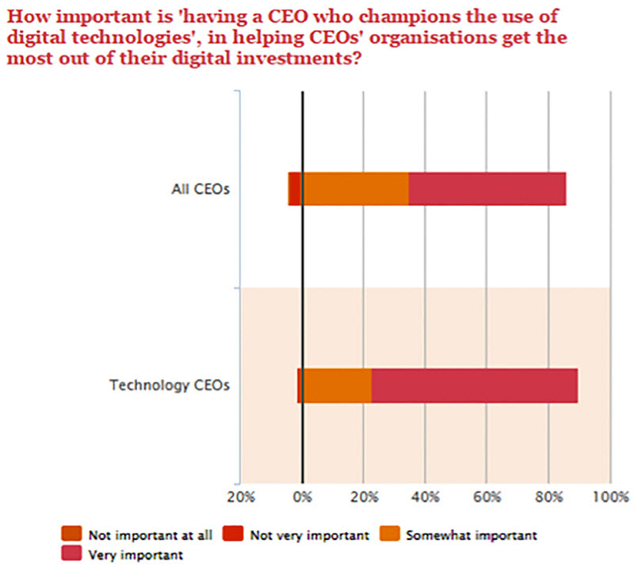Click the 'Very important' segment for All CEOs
[487, 189]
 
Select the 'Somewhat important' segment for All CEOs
[355, 189]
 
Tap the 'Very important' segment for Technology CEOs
[474, 385]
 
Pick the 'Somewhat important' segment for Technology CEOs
[337, 385]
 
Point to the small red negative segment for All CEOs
[294, 189]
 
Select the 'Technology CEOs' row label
[169, 386]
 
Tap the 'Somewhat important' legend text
[472, 535]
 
